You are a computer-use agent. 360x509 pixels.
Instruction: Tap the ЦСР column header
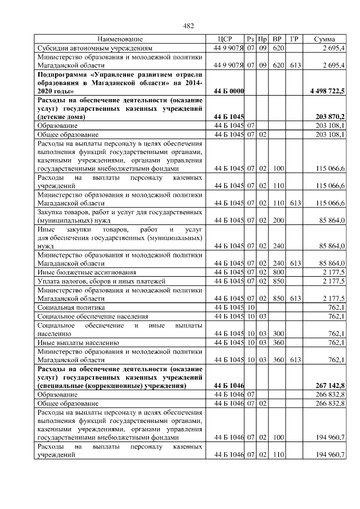pos(224,39)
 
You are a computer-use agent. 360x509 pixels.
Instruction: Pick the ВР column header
pos(277,39)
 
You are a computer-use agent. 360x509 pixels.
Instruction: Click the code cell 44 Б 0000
pos(228,91)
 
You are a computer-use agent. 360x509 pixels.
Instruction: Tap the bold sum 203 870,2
pos(331,116)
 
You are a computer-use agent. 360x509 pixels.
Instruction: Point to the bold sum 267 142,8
pos(331,385)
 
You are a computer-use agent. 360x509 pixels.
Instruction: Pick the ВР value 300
pos(277,334)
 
